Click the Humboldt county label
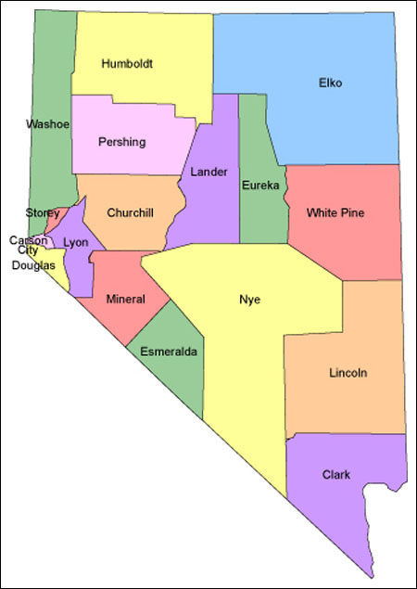point(128,64)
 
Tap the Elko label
point(330,83)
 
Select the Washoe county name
point(48,124)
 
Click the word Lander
point(208,172)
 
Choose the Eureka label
point(260,186)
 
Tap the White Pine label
point(335,212)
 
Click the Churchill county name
point(130,212)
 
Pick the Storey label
point(43,213)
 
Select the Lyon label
point(75,242)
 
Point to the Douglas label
point(33,265)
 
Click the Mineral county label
point(125,300)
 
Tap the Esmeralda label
point(169,352)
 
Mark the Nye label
point(249,300)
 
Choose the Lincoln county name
point(347,373)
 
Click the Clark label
point(336,475)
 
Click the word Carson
point(29,240)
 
